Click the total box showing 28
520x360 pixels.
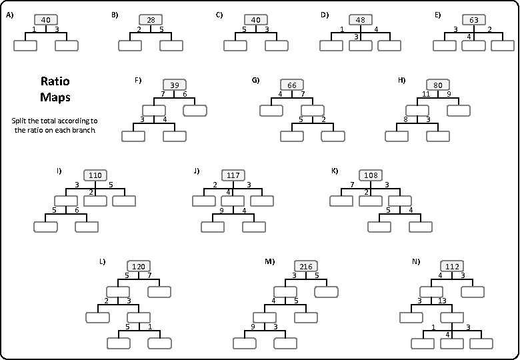pyautogui.click(x=151, y=20)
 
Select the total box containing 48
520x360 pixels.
pyautogui.click(x=360, y=20)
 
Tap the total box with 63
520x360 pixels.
pyautogui.click(x=473, y=20)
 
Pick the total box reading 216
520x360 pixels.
pyautogui.click(x=307, y=266)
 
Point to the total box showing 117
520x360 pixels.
pyautogui.click(x=233, y=175)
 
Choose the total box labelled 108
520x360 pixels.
pyautogui.click(x=371, y=175)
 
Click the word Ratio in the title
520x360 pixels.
pyautogui.click(x=55, y=81)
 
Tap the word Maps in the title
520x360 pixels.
pyautogui.click(x=55, y=97)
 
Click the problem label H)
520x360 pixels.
pyautogui.click(x=401, y=80)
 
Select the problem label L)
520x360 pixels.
pyautogui.click(x=103, y=261)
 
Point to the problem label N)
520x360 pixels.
pyautogui.click(x=416, y=261)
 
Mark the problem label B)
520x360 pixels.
pyautogui.click(x=115, y=14)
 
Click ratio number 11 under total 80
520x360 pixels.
pyautogui.click(x=426, y=94)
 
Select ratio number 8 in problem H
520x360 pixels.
pyautogui.click(x=405, y=119)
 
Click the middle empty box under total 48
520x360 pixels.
pyautogui.click(x=360, y=45)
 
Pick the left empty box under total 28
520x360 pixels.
pyautogui.click(x=130, y=45)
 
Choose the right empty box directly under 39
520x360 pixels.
pyautogui.click(x=195, y=110)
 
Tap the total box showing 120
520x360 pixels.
pyautogui.click(x=138, y=266)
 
